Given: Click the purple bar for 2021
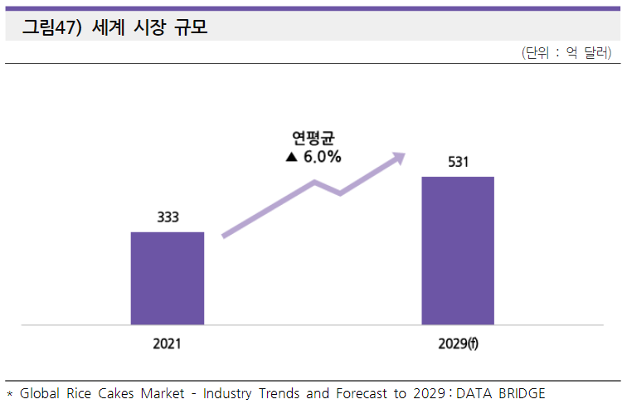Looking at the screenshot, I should point(168,278).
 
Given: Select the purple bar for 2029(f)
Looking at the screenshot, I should point(458,250).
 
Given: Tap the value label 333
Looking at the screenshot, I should point(168,217).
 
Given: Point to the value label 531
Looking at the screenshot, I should point(459,162).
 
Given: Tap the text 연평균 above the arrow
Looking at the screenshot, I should point(313,137).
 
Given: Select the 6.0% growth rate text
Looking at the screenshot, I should point(323,157).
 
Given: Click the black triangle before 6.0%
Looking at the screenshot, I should point(290,157).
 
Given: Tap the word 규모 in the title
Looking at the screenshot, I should point(191,27).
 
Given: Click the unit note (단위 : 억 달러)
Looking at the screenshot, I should point(566,52).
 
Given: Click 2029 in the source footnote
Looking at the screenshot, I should point(424,392).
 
